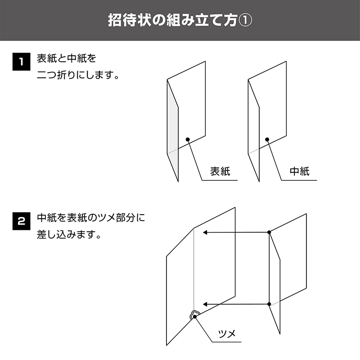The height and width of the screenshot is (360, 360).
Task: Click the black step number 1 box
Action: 21,62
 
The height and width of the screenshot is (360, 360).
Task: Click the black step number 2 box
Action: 21,221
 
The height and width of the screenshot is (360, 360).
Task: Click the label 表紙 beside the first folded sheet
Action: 220,171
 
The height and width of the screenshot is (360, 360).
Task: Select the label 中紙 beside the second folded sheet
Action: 300,171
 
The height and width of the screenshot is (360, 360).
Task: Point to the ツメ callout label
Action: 227,333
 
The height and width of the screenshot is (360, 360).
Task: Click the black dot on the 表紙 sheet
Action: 188,139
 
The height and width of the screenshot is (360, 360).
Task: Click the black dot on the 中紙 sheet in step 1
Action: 267,139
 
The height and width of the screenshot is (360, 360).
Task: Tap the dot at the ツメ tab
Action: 195,317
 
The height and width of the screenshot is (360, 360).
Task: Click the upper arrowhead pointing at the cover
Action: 205,232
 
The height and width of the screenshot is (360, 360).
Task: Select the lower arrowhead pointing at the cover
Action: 205,305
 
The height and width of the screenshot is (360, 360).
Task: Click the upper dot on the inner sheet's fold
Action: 269,232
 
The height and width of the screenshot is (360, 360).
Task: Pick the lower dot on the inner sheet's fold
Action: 269,304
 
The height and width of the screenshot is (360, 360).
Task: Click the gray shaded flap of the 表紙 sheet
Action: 173,131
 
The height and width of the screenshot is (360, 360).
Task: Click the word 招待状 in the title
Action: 130,20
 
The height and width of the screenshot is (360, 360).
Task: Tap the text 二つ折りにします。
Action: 78,75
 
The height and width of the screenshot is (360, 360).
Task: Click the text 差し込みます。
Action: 69,234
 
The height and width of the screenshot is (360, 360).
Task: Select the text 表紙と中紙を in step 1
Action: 67,58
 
